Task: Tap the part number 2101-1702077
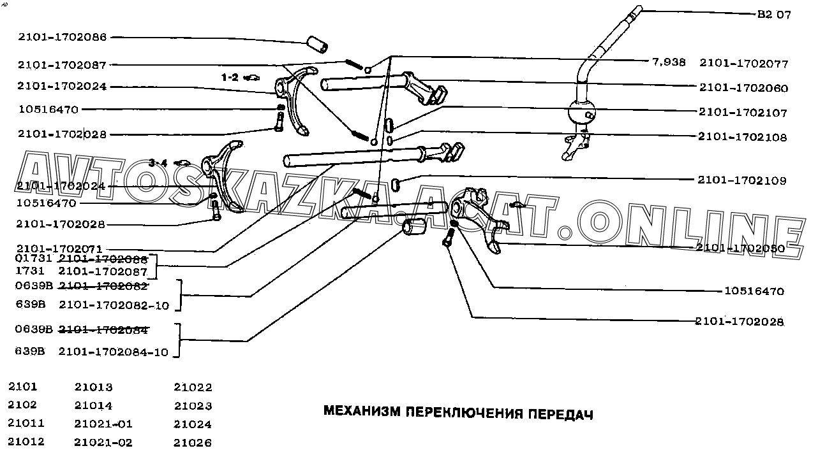743,63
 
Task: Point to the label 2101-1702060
743,88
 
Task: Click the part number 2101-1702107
743,112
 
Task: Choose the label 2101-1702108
742,137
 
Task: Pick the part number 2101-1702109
742,180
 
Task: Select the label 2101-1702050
740,248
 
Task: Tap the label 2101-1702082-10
114,305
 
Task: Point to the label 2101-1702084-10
114,351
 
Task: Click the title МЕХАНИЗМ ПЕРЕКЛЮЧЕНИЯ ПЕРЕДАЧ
458,413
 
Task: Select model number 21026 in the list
193,442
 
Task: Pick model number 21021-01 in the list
103,424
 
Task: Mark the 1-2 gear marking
230,77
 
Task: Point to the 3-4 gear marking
158,162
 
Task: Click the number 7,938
669,62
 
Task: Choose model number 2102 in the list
23,405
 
